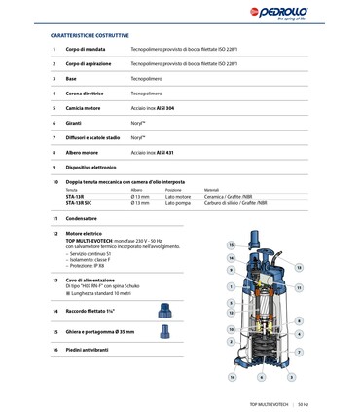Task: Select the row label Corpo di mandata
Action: tap(88, 49)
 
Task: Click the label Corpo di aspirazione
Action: tap(91, 63)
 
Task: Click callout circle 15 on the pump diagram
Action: tap(231, 245)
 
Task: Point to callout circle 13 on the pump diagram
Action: tap(299, 266)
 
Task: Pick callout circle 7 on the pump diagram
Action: tap(299, 352)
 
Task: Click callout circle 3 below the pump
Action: tap(292, 377)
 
